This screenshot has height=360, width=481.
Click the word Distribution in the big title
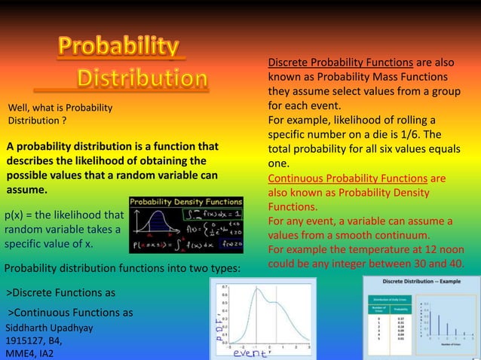pos(142,78)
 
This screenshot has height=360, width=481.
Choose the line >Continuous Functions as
pos(70,313)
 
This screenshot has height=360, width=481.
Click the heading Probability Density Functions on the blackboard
pos(186,203)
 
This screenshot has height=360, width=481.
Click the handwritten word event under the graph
pos(250,352)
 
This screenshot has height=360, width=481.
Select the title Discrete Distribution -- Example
pos(421,281)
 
